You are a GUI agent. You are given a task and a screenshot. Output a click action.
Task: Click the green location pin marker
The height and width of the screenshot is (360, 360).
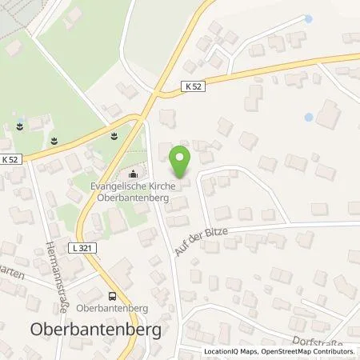click(x=182, y=158)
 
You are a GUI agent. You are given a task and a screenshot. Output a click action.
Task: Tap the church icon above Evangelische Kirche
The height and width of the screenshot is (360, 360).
click(x=134, y=175)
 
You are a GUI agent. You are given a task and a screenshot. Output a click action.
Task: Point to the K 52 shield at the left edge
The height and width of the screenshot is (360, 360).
click(x=9, y=161)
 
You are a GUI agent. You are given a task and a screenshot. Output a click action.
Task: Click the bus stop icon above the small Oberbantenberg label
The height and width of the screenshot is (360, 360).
click(x=113, y=293)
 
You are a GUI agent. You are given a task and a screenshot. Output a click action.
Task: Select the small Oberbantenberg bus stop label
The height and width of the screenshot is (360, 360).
click(x=113, y=306)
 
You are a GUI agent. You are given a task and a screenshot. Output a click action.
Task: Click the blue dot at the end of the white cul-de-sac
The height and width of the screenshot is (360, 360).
click(x=310, y=18)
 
